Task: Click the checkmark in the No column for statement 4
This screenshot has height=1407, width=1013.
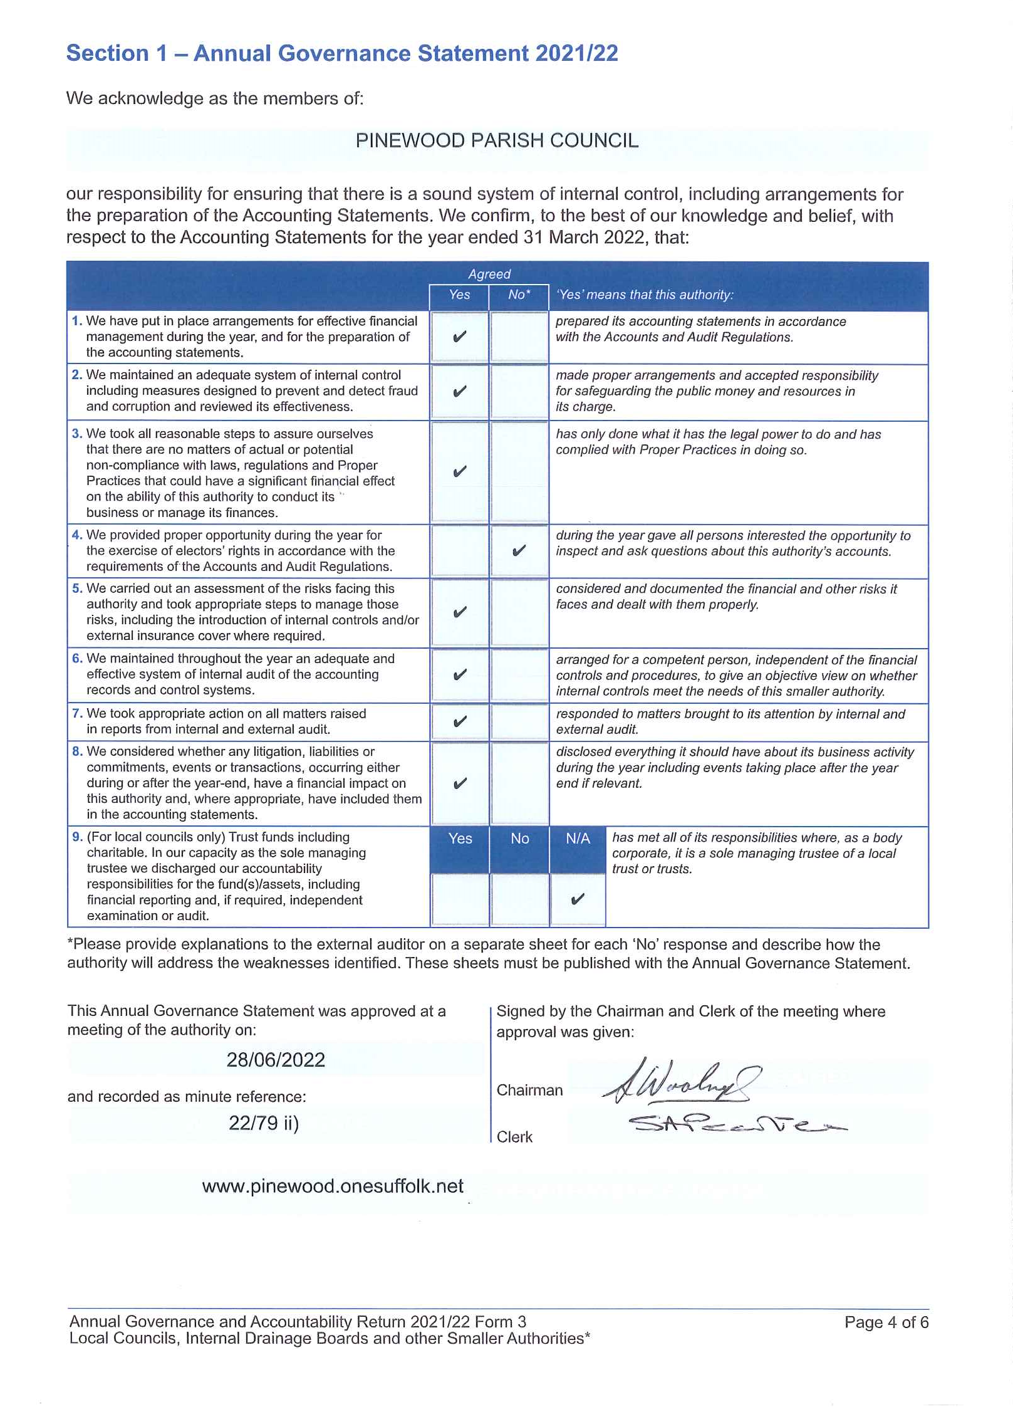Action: (519, 551)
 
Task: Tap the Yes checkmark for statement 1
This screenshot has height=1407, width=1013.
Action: (459, 337)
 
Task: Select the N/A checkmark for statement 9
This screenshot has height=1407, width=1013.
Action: (578, 899)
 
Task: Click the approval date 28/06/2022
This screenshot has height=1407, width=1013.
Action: (276, 1060)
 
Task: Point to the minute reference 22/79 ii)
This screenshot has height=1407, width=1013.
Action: (264, 1122)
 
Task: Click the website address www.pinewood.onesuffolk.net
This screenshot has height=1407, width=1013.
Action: (333, 1186)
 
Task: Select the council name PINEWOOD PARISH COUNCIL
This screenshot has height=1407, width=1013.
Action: (497, 140)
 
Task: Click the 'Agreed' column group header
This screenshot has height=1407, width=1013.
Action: (489, 274)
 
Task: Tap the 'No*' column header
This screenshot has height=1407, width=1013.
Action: (519, 295)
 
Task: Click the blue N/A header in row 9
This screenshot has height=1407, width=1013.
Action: (578, 839)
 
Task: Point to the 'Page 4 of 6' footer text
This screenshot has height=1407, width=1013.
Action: (886, 1322)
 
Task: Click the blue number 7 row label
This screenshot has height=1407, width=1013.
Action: (77, 713)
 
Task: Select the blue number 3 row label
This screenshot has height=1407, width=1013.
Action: (77, 434)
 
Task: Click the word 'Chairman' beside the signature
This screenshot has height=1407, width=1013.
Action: (529, 1090)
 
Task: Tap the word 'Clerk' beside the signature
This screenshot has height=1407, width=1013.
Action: (514, 1137)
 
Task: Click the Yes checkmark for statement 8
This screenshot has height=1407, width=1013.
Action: (459, 783)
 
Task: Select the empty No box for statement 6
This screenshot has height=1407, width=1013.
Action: (519, 675)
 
